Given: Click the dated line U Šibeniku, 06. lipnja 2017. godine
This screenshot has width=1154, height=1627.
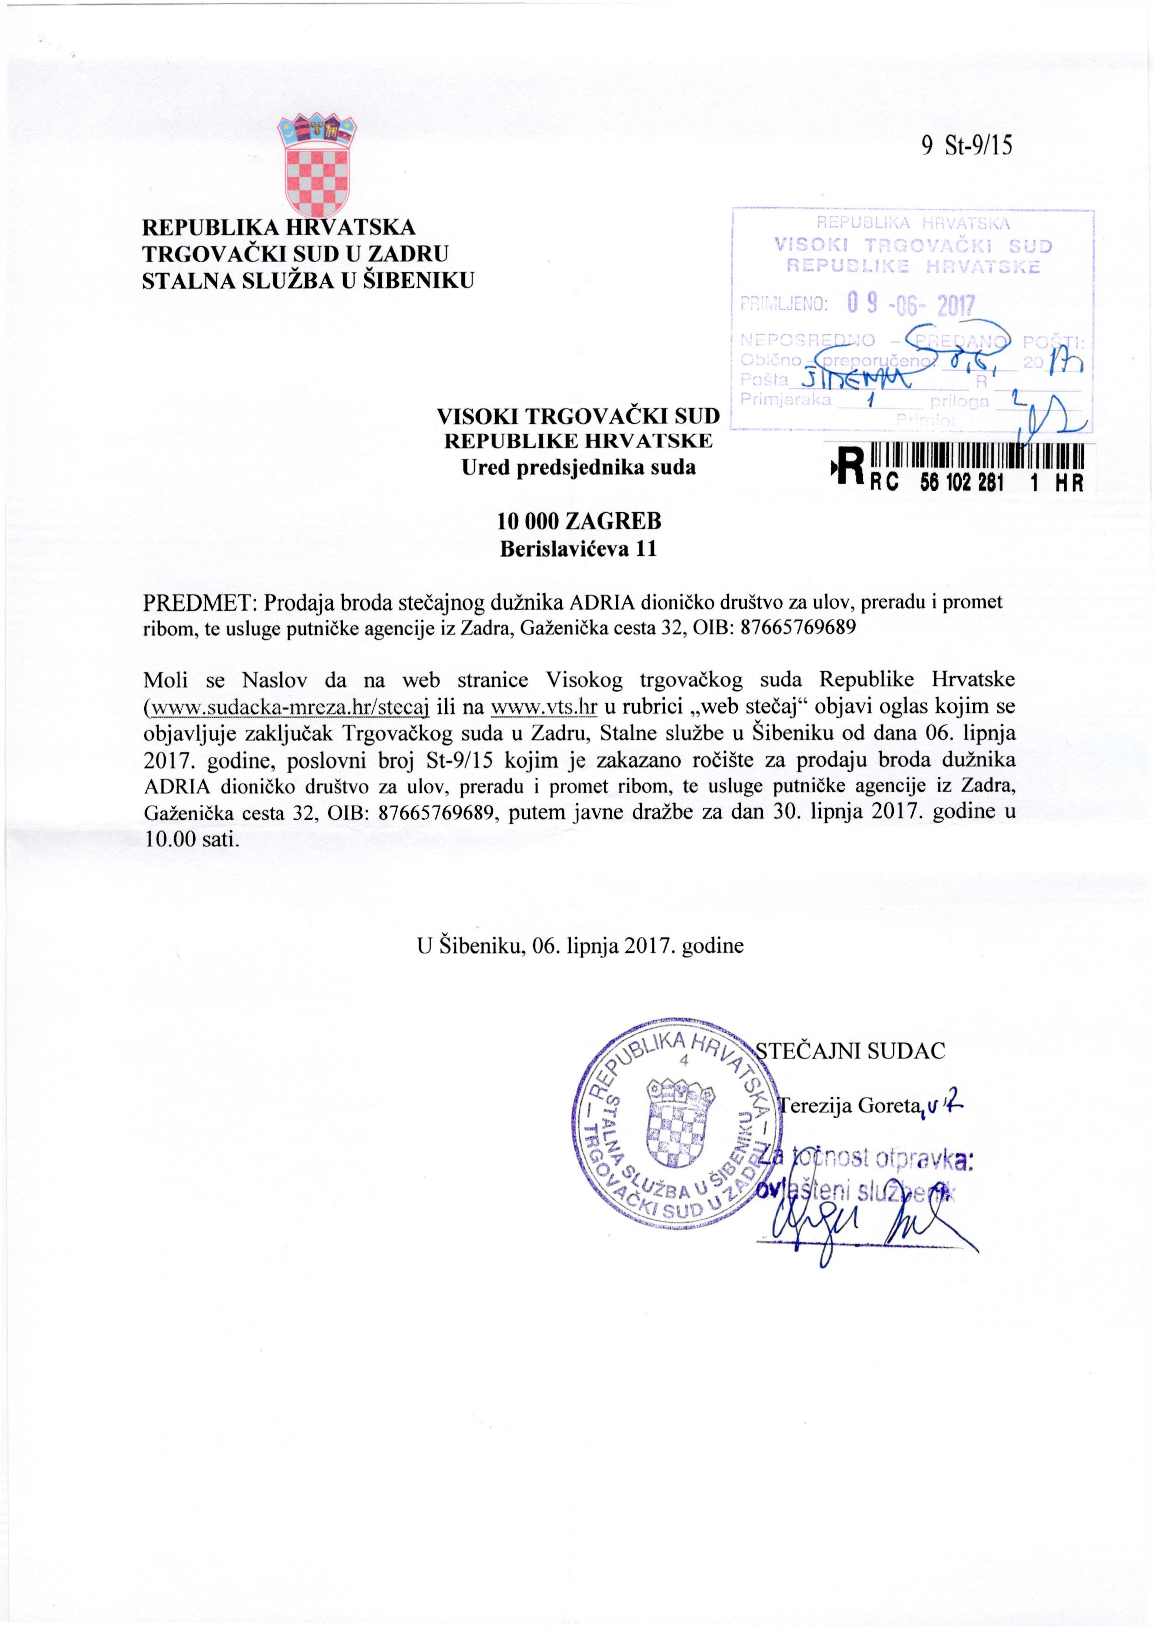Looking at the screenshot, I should tap(580, 946).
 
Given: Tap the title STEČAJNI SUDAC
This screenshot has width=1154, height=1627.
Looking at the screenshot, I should tap(851, 1051).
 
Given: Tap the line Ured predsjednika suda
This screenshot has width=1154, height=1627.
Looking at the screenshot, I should tap(578, 467).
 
